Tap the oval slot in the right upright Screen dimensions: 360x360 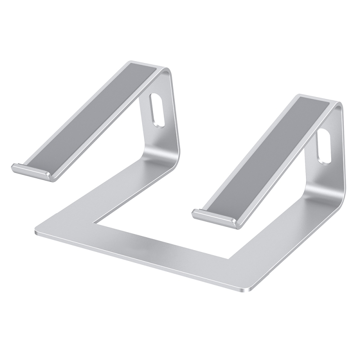click(x=324, y=146)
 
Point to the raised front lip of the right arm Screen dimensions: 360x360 click(x=214, y=217)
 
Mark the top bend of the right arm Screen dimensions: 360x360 click(x=335, y=106)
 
